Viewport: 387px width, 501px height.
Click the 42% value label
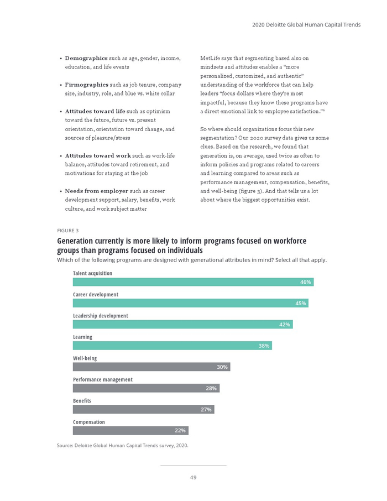pos(285,325)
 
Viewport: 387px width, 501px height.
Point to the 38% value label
pos(264,346)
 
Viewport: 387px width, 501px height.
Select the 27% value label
pos(206,409)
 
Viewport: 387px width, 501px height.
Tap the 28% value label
pos(211,388)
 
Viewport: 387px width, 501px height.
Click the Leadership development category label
pos(100,316)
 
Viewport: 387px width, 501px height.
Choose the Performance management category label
pos(103,379)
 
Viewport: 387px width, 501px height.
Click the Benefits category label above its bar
pos(82,400)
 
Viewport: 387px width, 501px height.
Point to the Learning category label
pos(82,337)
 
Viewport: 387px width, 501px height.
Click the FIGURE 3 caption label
pos(68,230)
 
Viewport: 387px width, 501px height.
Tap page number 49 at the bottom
pos(193,477)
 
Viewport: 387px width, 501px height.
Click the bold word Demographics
pos(86,58)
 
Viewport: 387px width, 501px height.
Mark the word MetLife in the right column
pos(210,58)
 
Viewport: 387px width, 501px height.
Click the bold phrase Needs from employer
pos(97,191)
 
